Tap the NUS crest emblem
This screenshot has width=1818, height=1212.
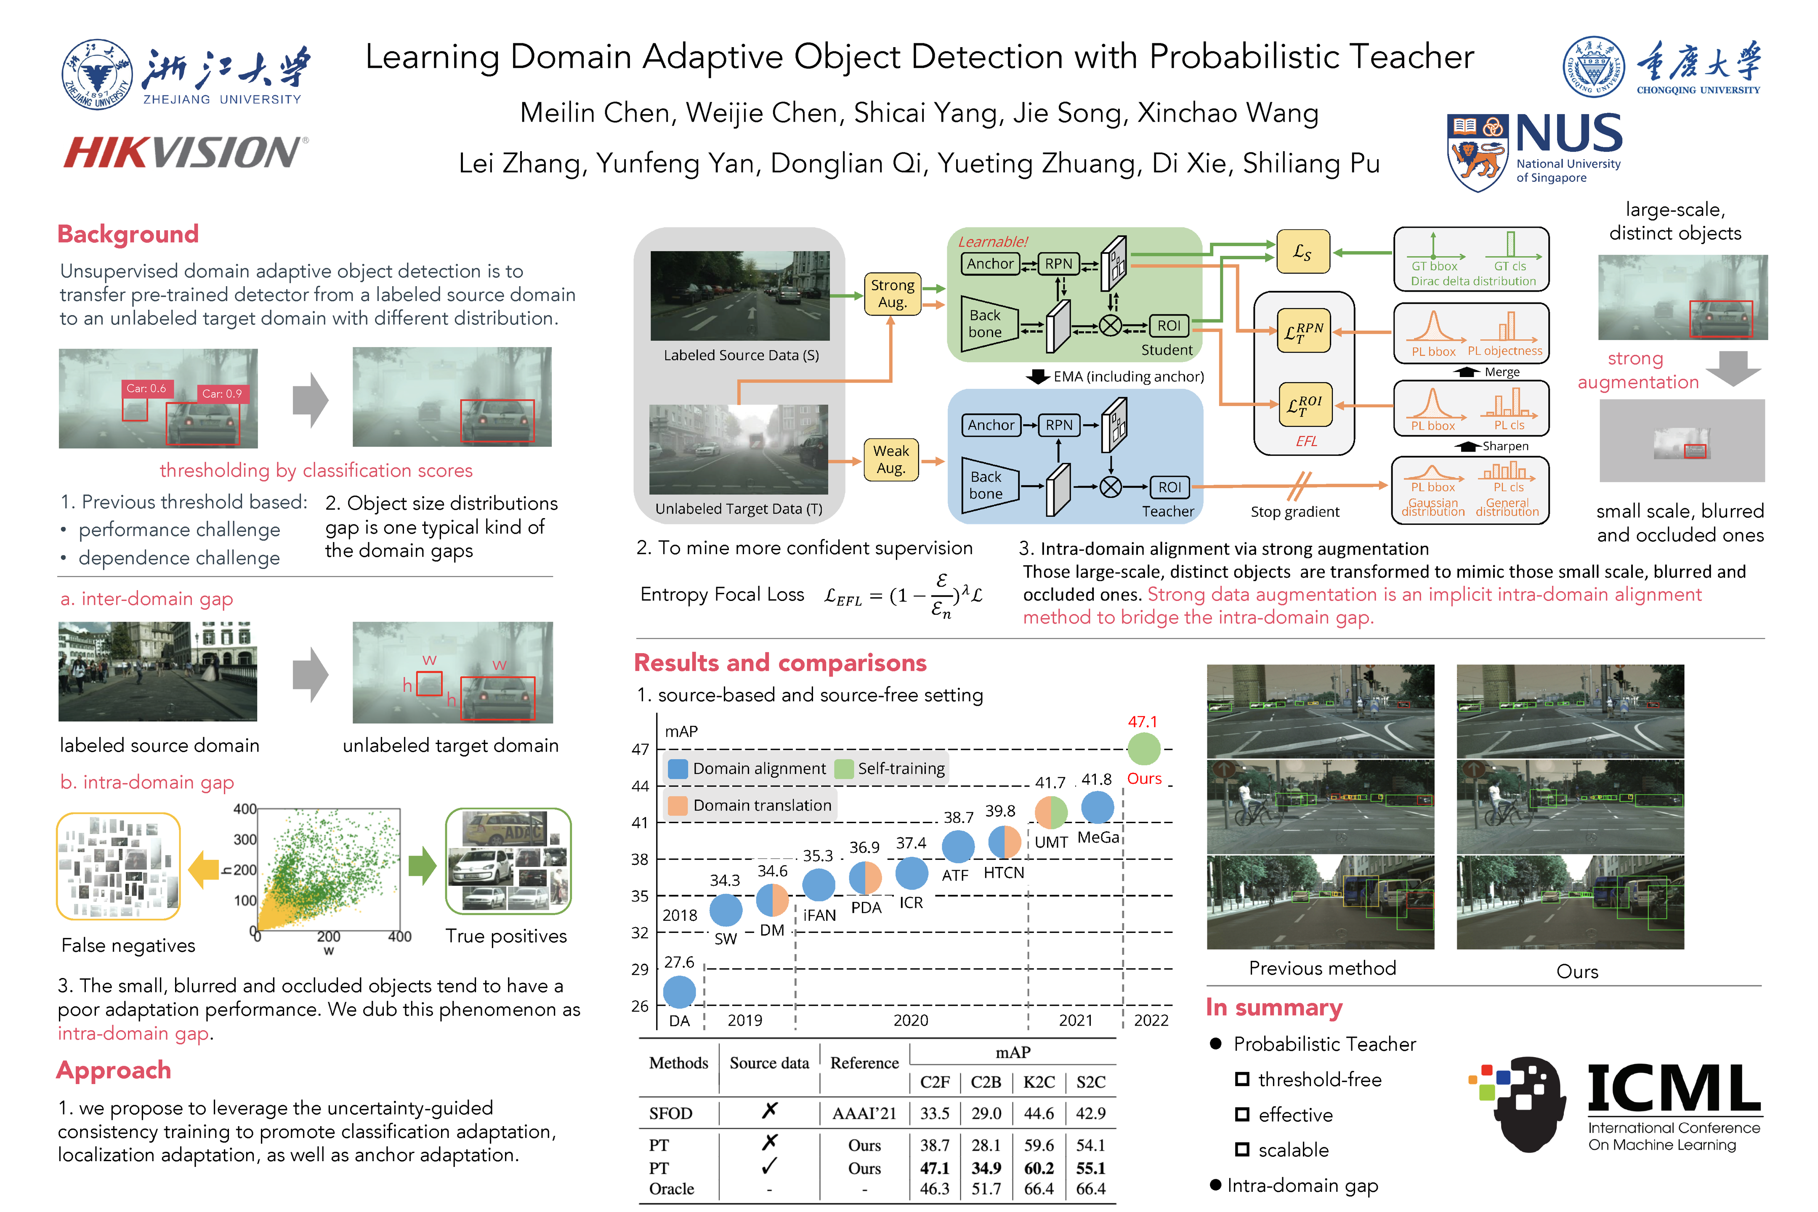pos(1476,151)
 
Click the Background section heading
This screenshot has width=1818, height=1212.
pos(128,234)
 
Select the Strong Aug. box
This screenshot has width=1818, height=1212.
pos(892,294)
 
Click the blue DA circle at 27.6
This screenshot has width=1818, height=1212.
pos(679,992)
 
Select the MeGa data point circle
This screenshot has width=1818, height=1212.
pos(1097,807)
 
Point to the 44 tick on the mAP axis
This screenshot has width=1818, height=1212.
pos(640,786)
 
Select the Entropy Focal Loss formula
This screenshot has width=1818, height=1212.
pos(903,595)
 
